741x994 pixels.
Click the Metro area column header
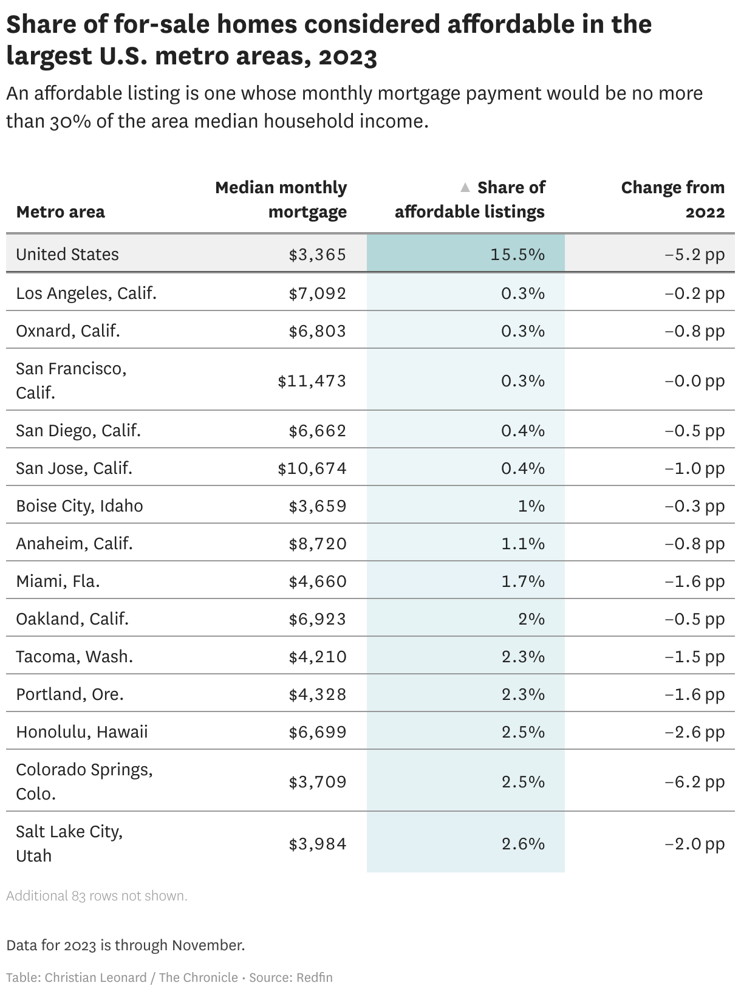60,211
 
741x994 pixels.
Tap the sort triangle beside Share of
465,187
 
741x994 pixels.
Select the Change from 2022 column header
672,199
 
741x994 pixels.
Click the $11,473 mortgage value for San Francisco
312,381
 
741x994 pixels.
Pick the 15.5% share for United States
517,255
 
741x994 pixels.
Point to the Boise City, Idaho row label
80,506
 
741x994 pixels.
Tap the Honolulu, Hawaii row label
82,732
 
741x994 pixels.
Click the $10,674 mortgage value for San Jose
312,468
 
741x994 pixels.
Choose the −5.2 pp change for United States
694,255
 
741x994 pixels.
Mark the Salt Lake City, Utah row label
69,843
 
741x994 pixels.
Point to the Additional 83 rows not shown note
97,896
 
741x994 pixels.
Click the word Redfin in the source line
314,978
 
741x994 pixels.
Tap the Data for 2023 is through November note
125,945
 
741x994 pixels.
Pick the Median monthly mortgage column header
281,199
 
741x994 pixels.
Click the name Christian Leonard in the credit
95,978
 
